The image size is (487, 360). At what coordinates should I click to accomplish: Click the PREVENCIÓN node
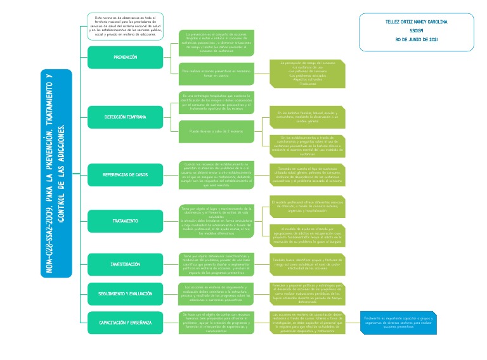(x=125, y=57)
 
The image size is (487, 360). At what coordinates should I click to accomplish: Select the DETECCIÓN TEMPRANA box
(x=125, y=118)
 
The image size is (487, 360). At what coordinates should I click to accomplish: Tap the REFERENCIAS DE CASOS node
(x=125, y=174)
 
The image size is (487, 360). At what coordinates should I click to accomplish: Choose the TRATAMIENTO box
(x=125, y=221)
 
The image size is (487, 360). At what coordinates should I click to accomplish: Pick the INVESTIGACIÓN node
(x=125, y=264)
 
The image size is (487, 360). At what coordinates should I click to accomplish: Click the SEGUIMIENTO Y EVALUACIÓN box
(x=125, y=295)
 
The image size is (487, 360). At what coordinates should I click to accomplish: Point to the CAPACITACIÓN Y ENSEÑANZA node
(x=125, y=323)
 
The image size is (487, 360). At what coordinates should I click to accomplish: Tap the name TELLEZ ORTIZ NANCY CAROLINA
(x=416, y=22)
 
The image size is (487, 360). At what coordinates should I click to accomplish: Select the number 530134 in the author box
(x=416, y=30)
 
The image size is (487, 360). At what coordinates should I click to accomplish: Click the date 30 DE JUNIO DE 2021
(x=416, y=39)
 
